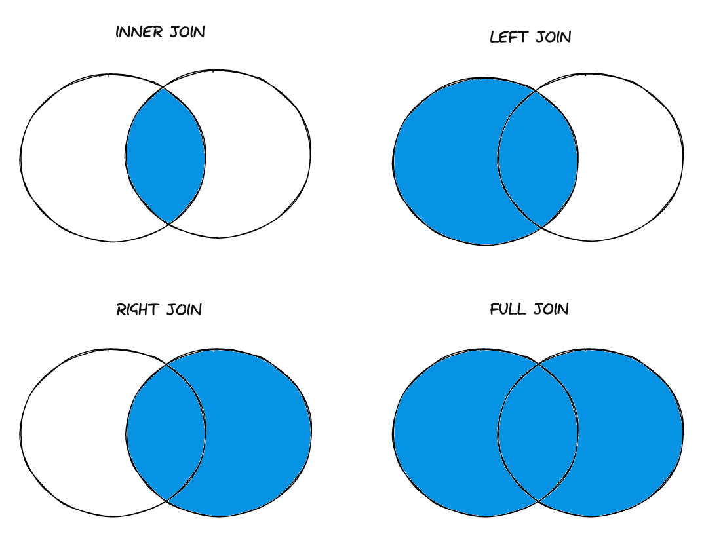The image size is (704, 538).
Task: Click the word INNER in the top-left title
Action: click(x=139, y=32)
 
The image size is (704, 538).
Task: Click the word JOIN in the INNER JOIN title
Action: click(x=187, y=32)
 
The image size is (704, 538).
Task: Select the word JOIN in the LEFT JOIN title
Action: click(x=554, y=37)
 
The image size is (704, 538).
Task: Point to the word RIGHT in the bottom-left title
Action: click(x=138, y=309)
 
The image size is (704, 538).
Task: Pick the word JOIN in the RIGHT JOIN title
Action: click(x=184, y=309)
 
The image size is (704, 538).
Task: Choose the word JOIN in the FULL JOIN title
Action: click(x=551, y=309)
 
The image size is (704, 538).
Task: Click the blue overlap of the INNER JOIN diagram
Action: click(x=165, y=156)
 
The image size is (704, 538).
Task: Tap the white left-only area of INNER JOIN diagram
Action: click(x=73, y=158)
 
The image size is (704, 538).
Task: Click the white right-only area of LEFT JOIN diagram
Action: click(x=631, y=157)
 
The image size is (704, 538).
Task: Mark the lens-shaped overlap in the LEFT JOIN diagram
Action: click(x=538, y=159)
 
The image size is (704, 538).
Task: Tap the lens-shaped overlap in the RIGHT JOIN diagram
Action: click(x=165, y=432)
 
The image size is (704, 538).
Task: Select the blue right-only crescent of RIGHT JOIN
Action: click(x=258, y=432)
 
